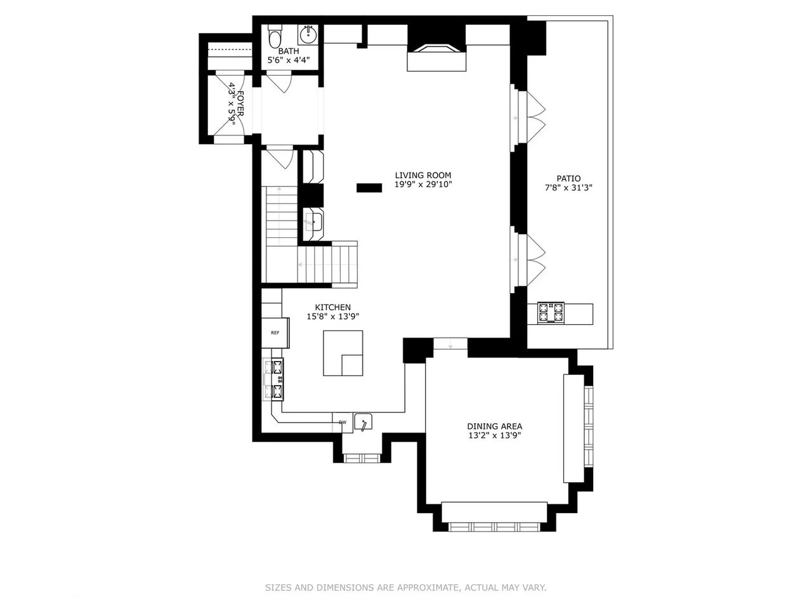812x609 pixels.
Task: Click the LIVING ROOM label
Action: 423,175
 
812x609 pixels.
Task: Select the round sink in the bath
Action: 308,35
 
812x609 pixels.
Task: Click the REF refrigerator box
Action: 275,333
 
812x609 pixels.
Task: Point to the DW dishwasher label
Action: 343,422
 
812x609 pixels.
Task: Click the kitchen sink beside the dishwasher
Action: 363,422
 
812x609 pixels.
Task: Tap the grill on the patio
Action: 551,313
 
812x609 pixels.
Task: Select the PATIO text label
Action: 568,179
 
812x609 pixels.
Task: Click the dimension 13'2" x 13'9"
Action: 495,436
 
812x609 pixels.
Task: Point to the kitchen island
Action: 343,353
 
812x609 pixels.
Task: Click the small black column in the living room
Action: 369,188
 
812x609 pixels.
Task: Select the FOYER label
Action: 240,103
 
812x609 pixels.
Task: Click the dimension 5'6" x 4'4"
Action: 288,60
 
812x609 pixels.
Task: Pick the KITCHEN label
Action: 332,307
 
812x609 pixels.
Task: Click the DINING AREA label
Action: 495,426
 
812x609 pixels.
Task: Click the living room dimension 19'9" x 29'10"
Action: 423,185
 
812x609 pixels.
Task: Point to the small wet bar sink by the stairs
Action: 313,221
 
